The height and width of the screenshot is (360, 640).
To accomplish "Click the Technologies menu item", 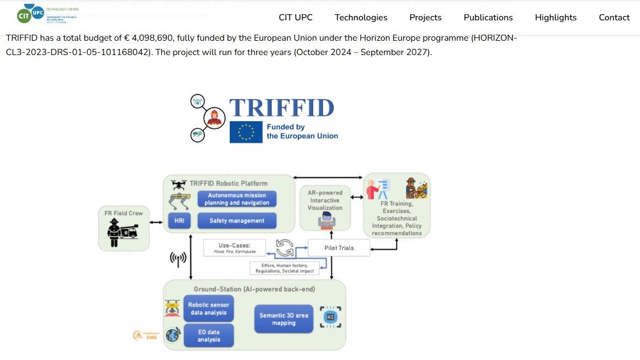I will (x=361, y=18).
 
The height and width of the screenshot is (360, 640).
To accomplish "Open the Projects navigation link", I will (x=425, y=18).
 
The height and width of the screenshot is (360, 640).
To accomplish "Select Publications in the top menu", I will (x=488, y=18).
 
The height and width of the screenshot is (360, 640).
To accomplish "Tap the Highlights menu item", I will (x=556, y=18).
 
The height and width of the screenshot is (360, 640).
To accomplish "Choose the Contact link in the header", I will (x=614, y=18).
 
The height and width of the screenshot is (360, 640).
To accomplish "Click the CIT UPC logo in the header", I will (x=47, y=14).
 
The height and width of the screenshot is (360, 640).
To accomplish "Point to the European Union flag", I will (x=246, y=132).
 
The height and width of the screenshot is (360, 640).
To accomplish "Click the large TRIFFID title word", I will (x=281, y=108).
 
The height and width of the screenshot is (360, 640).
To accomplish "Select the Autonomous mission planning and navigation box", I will (x=237, y=199).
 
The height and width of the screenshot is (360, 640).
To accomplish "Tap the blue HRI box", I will (x=179, y=221).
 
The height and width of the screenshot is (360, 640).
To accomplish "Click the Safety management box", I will (x=237, y=221).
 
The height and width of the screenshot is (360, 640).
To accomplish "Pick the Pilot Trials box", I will (x=339, y=248).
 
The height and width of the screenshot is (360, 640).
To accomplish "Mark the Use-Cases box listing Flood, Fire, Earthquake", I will (x=234, y=248).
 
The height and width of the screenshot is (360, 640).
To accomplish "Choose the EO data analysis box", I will (x=209, y=336).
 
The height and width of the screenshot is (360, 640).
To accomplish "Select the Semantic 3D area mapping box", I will (x=284, y=319).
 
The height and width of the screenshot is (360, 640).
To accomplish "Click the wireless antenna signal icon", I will (x=178, y=259).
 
